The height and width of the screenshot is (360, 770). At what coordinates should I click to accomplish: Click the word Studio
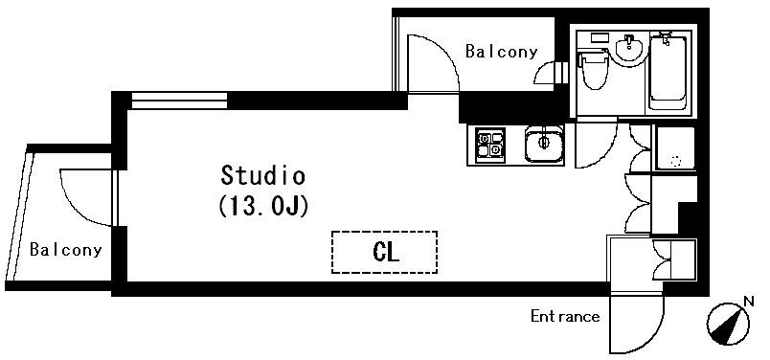pyautogui.click(x=262, y=176)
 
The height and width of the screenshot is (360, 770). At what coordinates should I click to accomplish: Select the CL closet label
pyautogui.click(x=384, y=253)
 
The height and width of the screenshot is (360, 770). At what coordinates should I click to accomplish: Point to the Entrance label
pyautogui.click(x=565, y=317)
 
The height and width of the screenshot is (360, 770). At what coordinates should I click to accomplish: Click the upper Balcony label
pyautogui.click(x=501, y=52)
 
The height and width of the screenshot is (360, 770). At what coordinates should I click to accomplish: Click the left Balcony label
pyautogui.click(x=65, y=251)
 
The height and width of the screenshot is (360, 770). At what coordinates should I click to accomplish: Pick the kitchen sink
pyautogui.click(x=543, y=145)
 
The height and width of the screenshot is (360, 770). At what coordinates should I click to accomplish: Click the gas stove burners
pyautogui.click(x=489, y=144)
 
